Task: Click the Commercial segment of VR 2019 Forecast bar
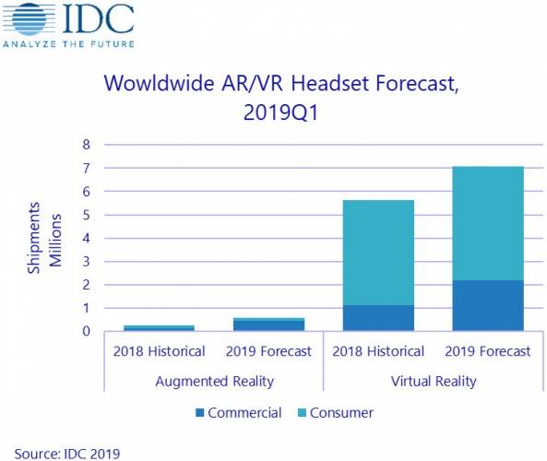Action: click(488, 305)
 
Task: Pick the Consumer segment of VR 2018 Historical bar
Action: click(378, 253)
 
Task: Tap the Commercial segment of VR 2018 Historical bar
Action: click(378, 318)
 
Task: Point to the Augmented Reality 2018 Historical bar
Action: click(159, 327)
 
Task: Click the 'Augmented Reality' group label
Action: click(214, 381)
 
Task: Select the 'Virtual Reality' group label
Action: click(434, 381)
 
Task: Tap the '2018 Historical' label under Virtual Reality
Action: click(378, 351)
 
